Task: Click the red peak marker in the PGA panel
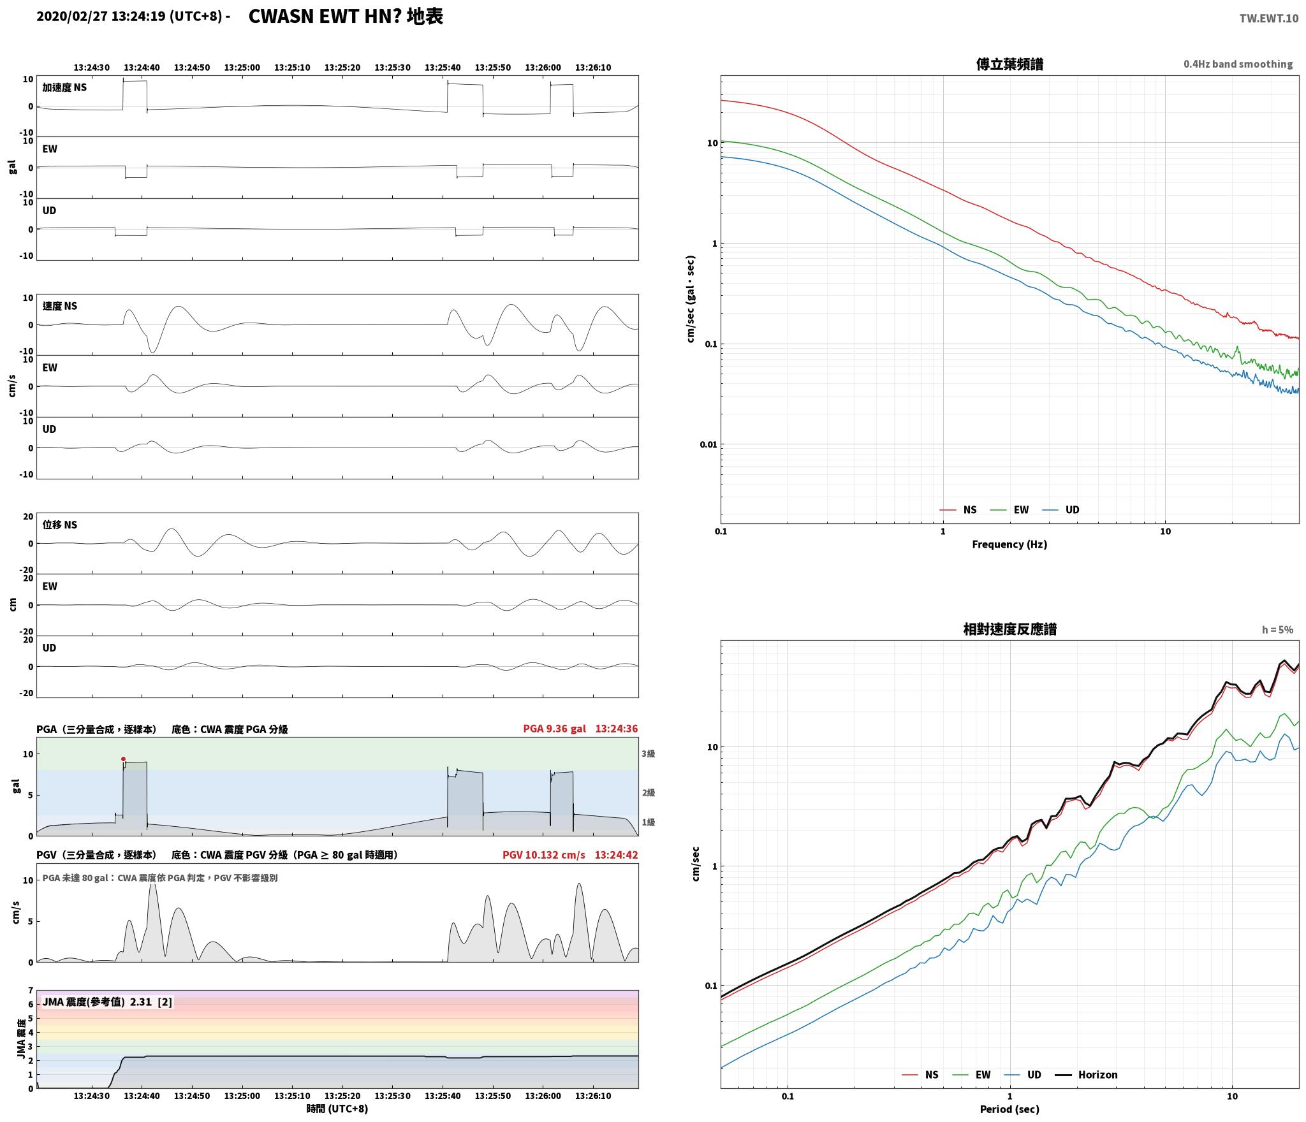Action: (x=123, y=759)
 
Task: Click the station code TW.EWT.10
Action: (x=1268, y=18)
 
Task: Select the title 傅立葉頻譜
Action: (x=1009, y=64)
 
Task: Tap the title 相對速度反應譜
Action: (x=1009, y=629)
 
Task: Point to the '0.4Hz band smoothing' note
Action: (x=1238, y=64)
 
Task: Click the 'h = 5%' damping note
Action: (x=1277, y=630)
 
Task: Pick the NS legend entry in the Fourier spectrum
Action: (x=958, y=510)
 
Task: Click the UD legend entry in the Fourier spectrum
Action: (x=1060, y=510)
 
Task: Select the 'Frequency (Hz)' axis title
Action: (x=1009, y=544)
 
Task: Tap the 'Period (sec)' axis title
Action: (x=1009, y=1109)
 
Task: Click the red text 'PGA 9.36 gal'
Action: (x=554, y=729)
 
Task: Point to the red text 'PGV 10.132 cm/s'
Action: (x=543, y=855)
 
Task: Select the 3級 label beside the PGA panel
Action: (x=648, y=754)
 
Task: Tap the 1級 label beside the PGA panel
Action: (x=648, y=822)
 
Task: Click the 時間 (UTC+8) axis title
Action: (x=337, y=1109)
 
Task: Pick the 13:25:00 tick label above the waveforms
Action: (x=242, y=68)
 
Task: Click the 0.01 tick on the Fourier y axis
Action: (x=708, y=444)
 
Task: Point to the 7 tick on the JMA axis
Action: (x=30, y=991)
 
